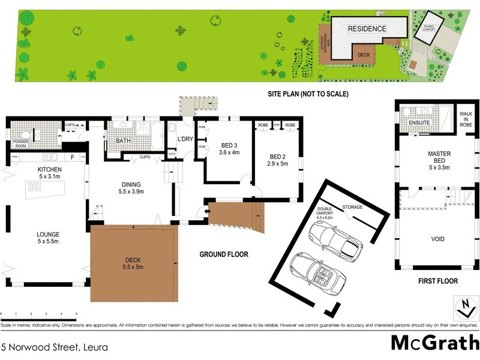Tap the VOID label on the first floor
(438, 239)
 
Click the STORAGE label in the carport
(353, 208)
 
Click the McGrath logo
(434, 343)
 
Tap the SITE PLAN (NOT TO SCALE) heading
(308, 94)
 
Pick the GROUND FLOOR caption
(223, 254)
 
